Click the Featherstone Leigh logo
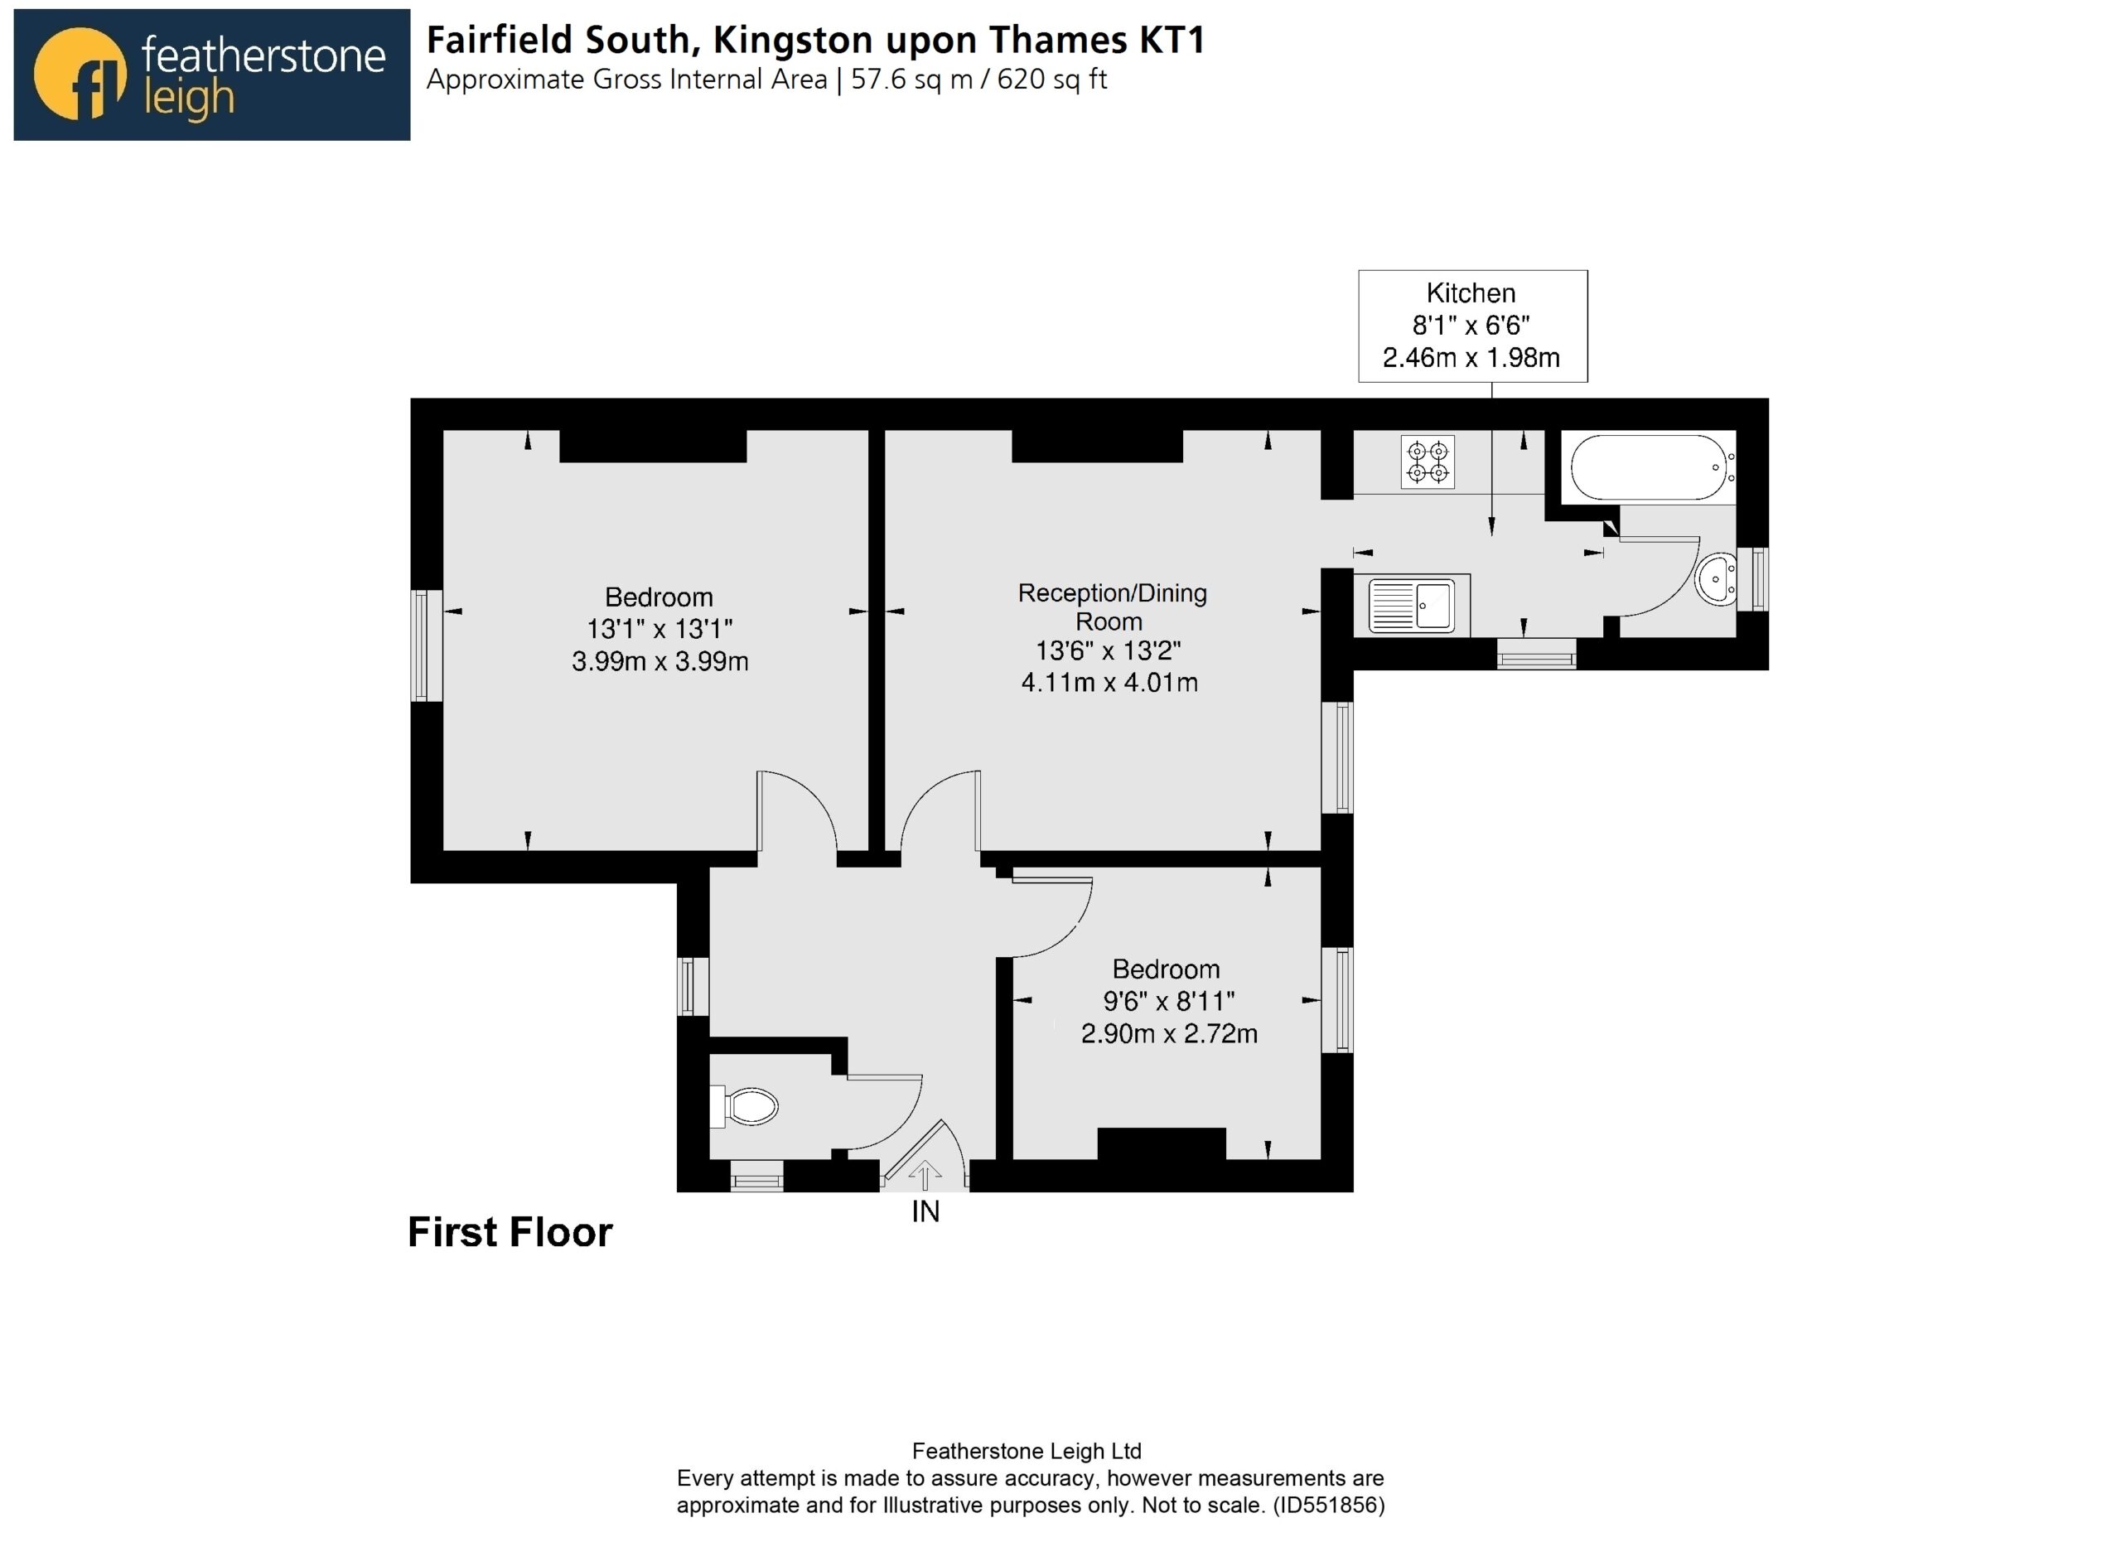coord(211,75)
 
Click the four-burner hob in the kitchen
coord(1427,462)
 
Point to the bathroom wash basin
coord(1715,580)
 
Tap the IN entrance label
coord(925,1212)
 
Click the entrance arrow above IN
coord(925,1176)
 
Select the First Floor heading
coord(510,1232)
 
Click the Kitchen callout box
coord(1473,326)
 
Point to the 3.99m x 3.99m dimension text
coord(660,662)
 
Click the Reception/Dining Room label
coord(1111,607)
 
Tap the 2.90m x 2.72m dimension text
coord(1169,1034)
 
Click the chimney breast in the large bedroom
coord(653,446)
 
